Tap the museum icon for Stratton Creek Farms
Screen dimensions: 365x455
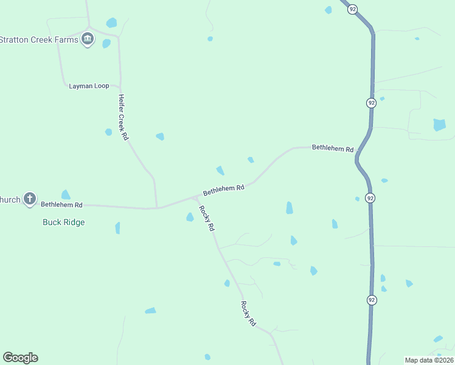point(88,40)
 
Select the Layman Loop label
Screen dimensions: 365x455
point(89,86)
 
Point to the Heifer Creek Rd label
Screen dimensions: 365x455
point(123,117)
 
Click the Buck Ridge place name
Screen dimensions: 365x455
point(63,222)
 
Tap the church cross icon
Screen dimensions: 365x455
point(30,198)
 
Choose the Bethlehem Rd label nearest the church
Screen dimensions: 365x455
point(61,205)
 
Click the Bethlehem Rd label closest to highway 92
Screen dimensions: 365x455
point(332,148)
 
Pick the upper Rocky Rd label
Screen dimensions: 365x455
point(207,218)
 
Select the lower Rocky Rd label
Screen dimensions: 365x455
point(248,314)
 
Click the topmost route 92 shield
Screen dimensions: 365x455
point(352,9)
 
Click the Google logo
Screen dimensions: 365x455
point(20,358)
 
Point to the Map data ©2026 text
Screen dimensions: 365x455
point(429,360)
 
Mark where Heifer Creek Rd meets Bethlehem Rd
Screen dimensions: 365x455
point(157,207)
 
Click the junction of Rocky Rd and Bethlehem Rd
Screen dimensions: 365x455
point(195,198)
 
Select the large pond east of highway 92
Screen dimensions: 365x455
point(439,125)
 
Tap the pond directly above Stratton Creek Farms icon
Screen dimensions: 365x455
point(111,23)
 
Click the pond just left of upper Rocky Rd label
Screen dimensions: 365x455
point(190,217)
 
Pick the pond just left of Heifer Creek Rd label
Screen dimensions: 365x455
point(108,132)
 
